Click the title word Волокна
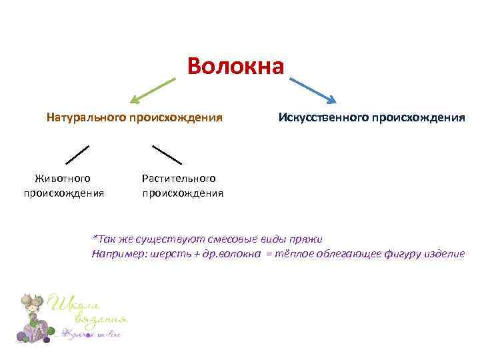(x=236, y=66)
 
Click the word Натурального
(x=86, y=118)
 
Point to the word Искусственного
(x=323, y=118)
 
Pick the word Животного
(x=63, y=178)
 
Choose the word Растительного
(x=179, y=178)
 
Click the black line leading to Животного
(x=77, y=155)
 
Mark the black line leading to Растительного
(x=167, y=155)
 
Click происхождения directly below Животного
(x=64, y=193)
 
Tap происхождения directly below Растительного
(x=183, y=193)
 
